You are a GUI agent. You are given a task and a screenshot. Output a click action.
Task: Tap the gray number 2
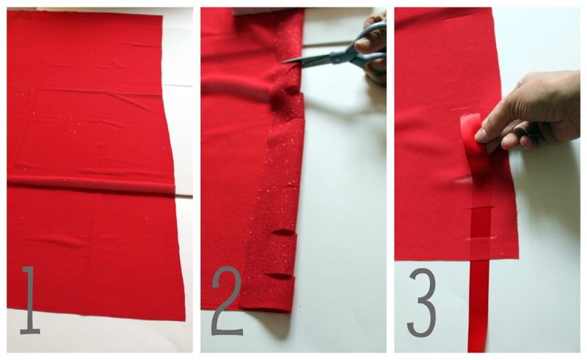(227, 301)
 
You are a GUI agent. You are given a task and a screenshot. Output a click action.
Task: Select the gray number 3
(422, 302)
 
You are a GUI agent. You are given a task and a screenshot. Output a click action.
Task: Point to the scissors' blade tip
(284, 62)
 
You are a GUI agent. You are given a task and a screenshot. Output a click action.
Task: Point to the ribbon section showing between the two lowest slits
(481, 223)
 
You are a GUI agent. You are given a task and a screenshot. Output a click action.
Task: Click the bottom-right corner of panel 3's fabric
(519, 257)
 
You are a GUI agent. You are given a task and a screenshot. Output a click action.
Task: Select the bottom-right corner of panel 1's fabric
(185, 320)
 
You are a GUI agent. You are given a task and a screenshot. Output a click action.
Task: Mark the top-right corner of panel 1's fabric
(161, 15)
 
